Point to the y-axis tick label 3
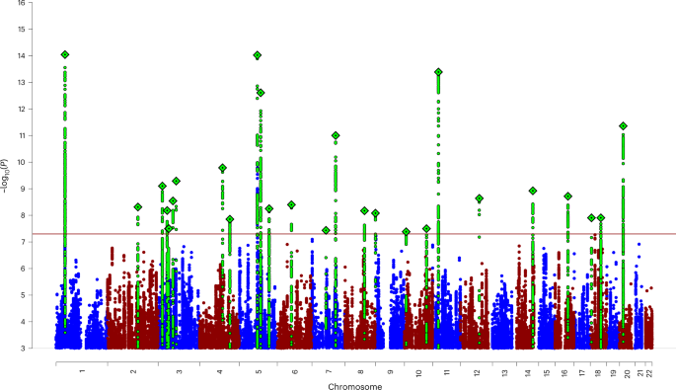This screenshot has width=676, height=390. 39,348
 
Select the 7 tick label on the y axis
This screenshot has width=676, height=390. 39,242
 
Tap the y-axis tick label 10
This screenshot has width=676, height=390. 37,162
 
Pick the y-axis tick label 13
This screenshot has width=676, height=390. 37,82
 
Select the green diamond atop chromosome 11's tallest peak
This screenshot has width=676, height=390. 438,72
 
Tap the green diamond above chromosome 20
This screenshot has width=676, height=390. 623,126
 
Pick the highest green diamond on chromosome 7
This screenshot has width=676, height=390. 337,135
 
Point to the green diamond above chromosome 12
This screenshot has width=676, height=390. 480,198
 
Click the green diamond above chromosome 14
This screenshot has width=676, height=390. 533,191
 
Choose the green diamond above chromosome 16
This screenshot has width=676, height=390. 567,196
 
